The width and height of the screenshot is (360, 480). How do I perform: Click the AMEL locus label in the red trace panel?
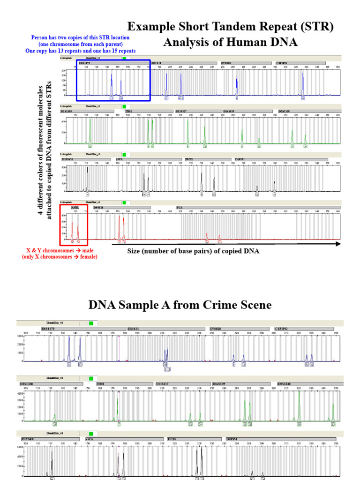point(75,206)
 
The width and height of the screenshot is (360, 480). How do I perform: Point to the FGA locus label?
point(180,206)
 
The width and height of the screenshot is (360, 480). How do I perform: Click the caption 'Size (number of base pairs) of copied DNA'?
point(193,251)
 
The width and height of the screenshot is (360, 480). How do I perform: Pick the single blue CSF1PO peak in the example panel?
point(303,84)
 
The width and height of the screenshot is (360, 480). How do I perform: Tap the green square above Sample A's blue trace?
point(91,323)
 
